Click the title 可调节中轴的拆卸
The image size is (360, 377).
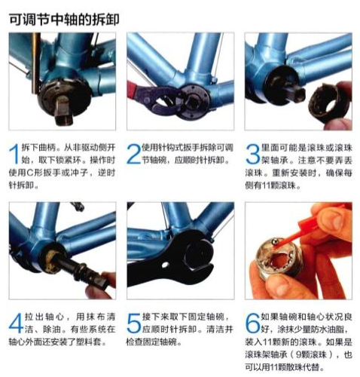pyautogui.click(x=64, y=20)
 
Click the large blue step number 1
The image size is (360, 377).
pyautogui.click(x=14, y=154)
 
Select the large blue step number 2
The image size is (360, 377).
pyautogui.click(x=133, y=154)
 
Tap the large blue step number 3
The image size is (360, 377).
pyautogui.click(x=252, y=154)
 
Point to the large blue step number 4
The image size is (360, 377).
pyautogui.click(x=16, y=323)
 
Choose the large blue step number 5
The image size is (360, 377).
pyautogui.click(x=134, y=323)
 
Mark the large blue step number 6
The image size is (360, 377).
pyautogui.click(x=252, y=323)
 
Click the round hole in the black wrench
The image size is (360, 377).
pyautogui.click(x=165, y=265)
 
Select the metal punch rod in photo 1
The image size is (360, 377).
pyautogui.click(x=36, y=63)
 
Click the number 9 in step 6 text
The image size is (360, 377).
pyautogui.click(x=298, y=354)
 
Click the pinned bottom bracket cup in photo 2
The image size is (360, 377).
pyautogui.click(x=193, y=100)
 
